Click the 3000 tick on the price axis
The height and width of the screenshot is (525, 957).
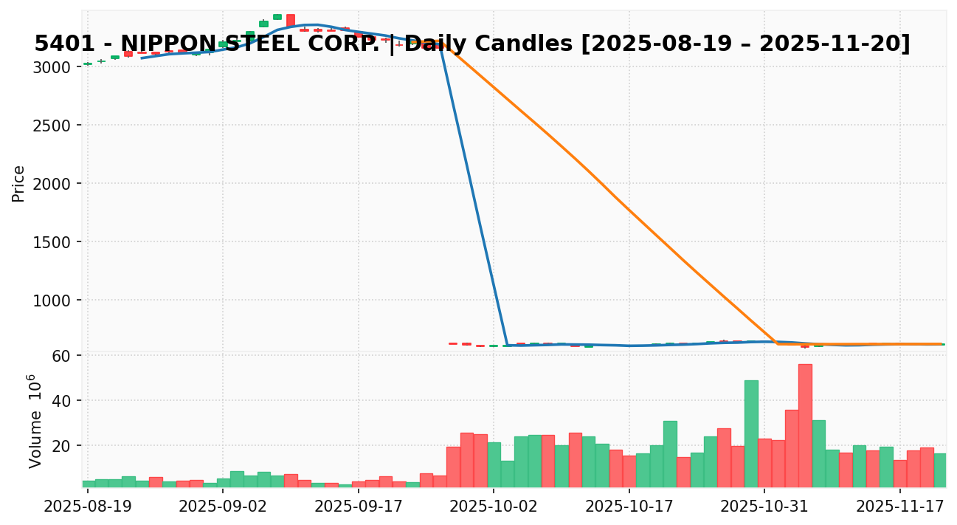[x=56, y=67]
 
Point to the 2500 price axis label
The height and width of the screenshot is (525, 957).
[x=56, y=126]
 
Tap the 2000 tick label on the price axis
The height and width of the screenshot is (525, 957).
[x=56, y=184]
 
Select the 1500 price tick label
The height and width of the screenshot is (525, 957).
[x=56, y=242]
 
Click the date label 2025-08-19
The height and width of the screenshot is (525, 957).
[x=88, y=507]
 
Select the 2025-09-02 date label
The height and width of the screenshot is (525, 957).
[x=223, y=507]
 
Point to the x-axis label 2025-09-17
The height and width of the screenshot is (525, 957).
[x=359, y=507]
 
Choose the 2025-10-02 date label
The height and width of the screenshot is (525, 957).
[x=494, y=507]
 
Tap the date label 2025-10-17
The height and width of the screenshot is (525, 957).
[x=629, y=507]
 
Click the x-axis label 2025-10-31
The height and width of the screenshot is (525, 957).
[x=764, y=507]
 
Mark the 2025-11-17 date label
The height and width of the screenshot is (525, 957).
[x=900, y=507]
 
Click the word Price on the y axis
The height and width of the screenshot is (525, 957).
[x=19, y=183]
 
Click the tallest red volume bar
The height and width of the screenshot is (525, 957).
[x=805, y=425]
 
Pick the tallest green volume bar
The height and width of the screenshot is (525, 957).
[x=751, y=433]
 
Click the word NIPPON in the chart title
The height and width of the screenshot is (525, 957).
[x=168, y=44]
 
